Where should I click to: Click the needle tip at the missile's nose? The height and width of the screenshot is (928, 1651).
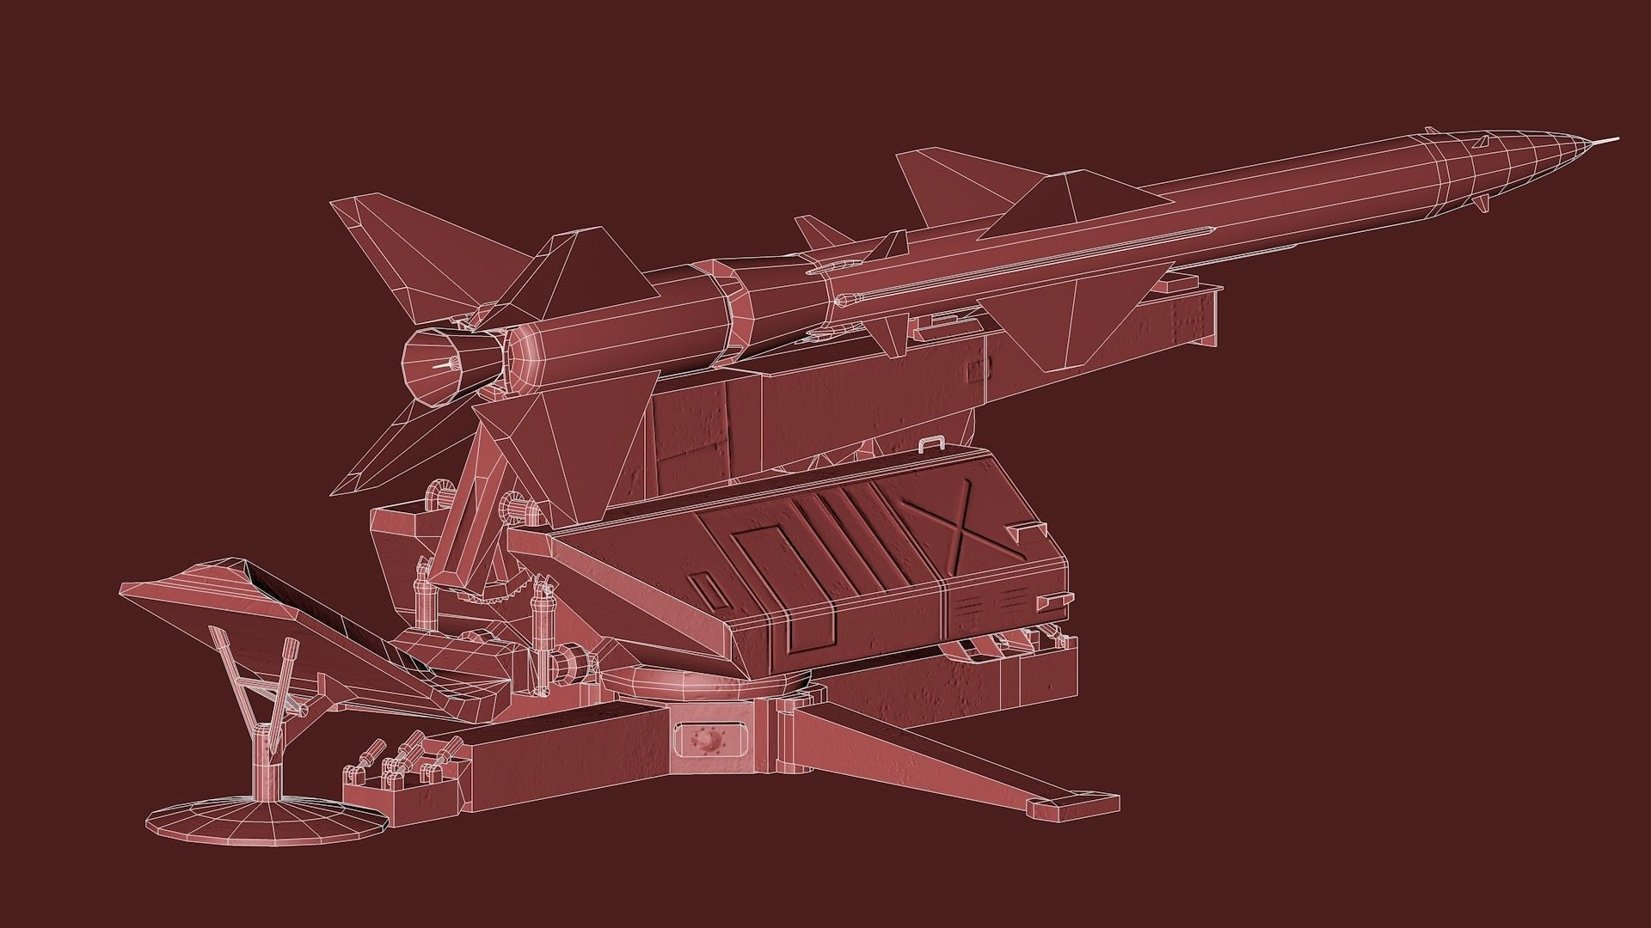pos(1617,138)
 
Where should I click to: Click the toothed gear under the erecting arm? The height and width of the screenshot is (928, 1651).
pos(507,596)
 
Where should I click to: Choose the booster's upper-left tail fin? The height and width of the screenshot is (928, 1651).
pos(378,249)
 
